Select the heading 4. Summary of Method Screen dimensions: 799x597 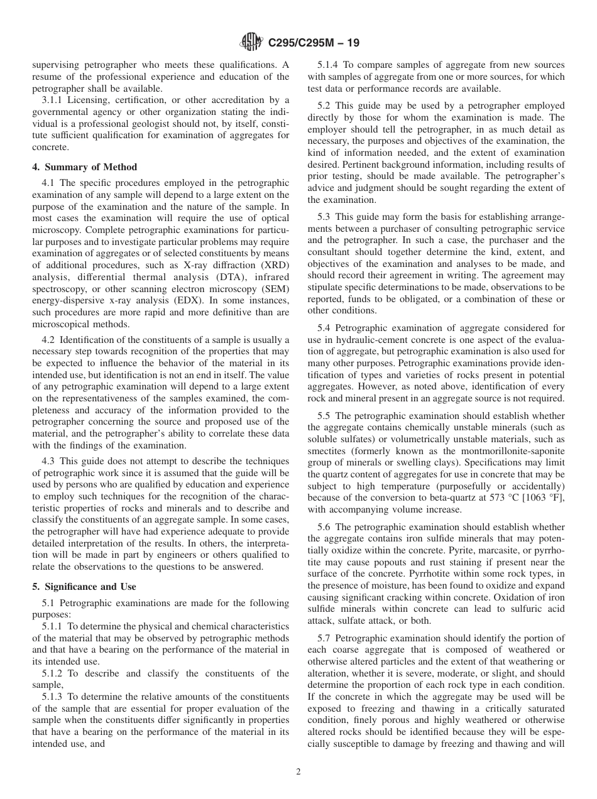click(85, 167)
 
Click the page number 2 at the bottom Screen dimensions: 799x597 click(298, 772)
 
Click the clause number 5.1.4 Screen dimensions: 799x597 click(329, 65)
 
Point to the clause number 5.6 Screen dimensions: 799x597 click(325, 527)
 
